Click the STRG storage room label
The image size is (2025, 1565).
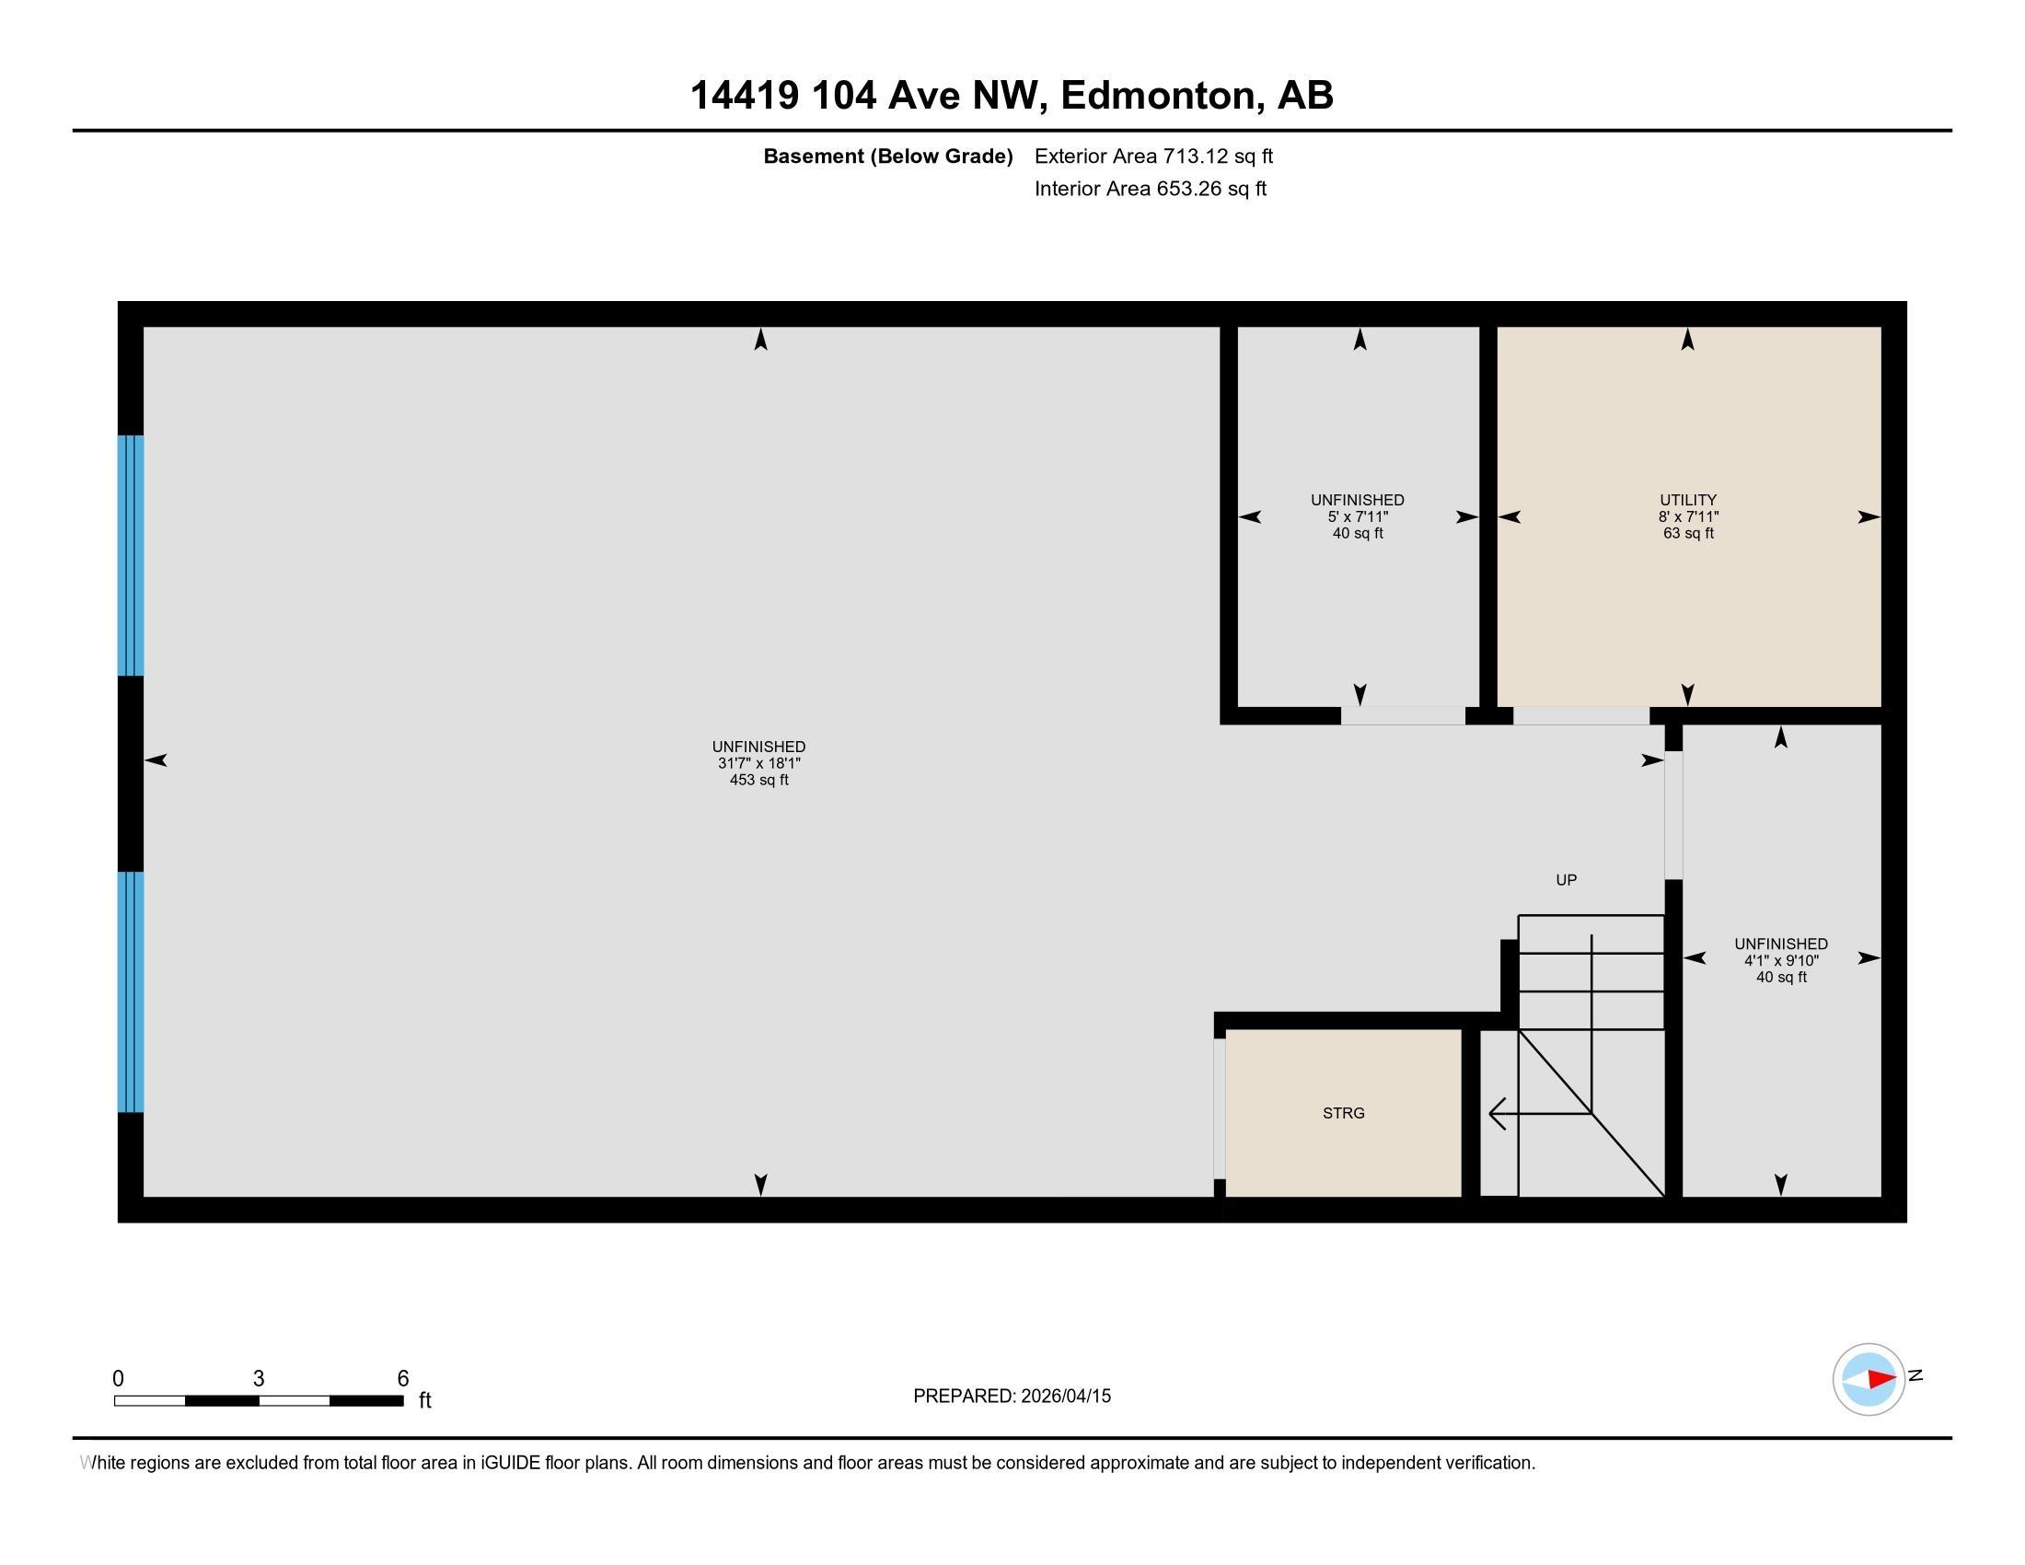click(1343, 1113)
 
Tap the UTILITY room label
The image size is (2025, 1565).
click(1687, 500)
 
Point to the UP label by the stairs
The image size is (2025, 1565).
click(1566, 880)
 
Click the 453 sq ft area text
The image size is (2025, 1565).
click(758, 781)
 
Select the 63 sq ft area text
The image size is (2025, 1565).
click(1687, 534)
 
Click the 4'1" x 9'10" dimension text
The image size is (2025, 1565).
click(1780, 960)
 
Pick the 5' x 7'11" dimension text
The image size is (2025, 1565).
click(1358, 516)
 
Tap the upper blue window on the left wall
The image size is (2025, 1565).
click(131, 555)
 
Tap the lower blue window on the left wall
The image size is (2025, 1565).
click(131, 991)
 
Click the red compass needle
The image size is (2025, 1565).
click(1880, 1380)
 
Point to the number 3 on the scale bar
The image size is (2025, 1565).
click(259, 1379)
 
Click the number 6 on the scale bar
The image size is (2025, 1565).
click(402, 1379)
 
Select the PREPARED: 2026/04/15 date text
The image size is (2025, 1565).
click(1012, 1397)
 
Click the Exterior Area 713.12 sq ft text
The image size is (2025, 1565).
click(1153, 156)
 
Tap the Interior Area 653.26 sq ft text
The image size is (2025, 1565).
click(1150, 189)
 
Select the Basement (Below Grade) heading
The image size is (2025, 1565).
click(887, 156)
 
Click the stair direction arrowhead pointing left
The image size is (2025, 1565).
click(1496, 1113)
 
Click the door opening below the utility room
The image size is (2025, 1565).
click(1580, 715)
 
